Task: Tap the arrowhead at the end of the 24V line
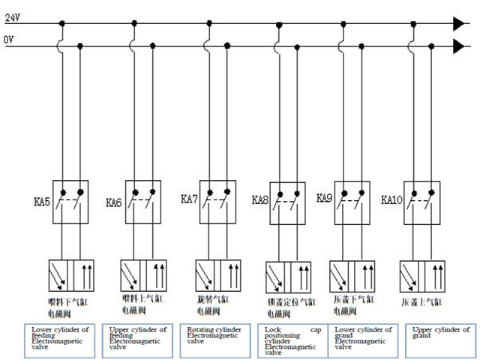tap(459, 24)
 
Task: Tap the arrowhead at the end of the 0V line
tap(459, 47)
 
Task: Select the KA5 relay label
tap(41, 202)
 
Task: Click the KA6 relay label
tap(113, 202)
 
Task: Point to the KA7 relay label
tap(189, 199)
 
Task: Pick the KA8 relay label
tap(260, 200)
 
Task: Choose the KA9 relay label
tap(324, 199)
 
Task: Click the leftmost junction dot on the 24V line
tap(62, 24)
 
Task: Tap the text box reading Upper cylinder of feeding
tap(142, 337)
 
